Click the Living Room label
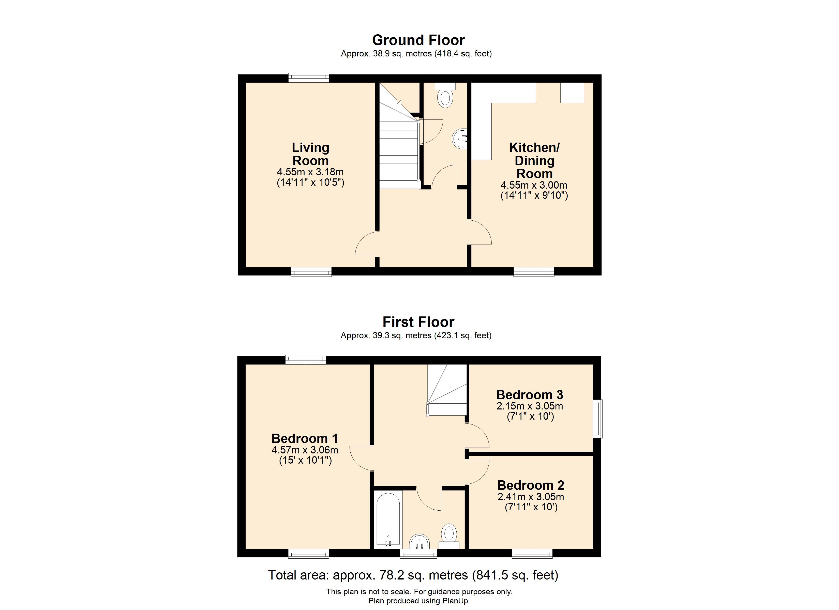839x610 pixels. (x=310, y=154)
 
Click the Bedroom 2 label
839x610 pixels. (x=531, y=485)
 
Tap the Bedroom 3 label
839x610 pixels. (x=530, y=395)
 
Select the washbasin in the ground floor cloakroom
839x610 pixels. (x=460, y=139)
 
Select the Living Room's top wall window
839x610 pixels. (x=308, y=78)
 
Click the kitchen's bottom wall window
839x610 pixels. (x=534, y=272)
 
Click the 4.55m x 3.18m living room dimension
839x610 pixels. (x=310, y=172)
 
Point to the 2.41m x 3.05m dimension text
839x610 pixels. (x=531, y=496)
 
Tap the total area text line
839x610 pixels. (x=413, y=575)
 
